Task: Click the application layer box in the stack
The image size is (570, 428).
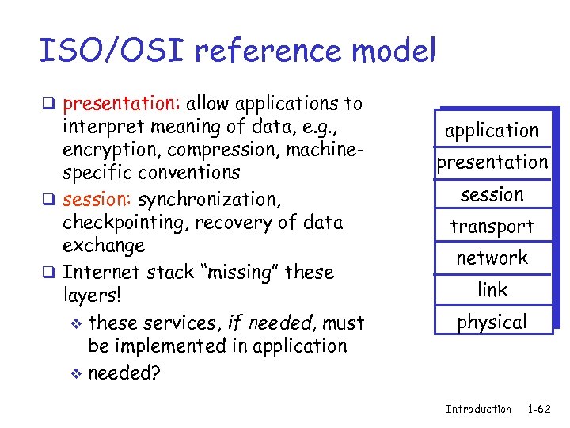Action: click(x=492, y=131)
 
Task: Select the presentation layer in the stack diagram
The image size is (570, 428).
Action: click(x=492, y=162)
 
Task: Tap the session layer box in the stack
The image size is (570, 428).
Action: click(x=492, y=194)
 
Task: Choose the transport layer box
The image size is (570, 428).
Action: click(x=492, y=227)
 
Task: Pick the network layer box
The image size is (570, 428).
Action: click(x=492, y=258)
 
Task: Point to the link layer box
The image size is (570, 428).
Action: click(x=492, y=290)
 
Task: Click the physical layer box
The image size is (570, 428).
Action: click(x=492, y=323)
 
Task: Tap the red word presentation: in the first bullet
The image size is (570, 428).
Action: click(x=123, y=104)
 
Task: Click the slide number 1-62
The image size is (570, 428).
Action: click(x=540, y=409)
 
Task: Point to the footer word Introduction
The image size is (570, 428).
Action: click(x=478, y=409)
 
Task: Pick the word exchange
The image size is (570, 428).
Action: click(x=104, y=246)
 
